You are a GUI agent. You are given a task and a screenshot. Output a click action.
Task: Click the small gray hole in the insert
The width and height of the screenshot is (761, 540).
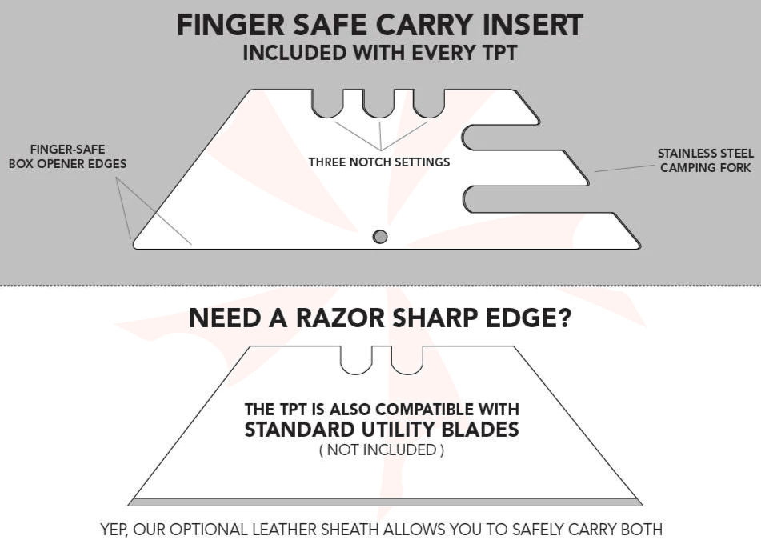[380, 237]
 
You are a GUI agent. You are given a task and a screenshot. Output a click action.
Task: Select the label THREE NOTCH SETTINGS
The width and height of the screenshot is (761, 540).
[379, 162]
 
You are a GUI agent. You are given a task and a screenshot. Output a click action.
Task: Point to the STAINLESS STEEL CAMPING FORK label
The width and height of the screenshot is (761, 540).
[706, 161]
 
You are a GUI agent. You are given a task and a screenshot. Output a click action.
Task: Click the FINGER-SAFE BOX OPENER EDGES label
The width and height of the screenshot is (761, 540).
[67, 157]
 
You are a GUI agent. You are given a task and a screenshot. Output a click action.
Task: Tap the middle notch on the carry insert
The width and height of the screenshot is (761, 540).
[378, 103]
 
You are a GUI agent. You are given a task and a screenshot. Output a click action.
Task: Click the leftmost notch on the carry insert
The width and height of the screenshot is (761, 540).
[327, 103]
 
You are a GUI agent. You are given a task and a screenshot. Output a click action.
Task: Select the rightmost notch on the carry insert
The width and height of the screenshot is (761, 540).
[429, 103]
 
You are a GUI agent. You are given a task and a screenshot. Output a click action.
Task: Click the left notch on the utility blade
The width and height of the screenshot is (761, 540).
[356, 360]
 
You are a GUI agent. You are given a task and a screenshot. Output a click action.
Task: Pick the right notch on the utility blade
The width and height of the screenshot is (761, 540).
[407, 360]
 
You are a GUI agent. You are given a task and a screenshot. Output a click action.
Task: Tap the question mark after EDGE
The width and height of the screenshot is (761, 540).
[564, 318]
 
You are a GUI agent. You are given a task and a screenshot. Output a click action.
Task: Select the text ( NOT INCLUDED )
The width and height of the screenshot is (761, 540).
[382, 450]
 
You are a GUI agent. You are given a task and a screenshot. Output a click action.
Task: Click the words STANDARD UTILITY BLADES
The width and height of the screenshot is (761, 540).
[382, 430]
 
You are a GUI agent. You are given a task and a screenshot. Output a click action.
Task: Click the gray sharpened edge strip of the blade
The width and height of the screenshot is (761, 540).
[386, 502]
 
